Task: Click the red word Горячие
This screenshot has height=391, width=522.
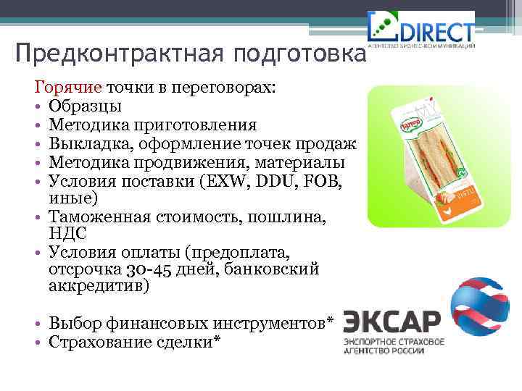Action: click(68, 88)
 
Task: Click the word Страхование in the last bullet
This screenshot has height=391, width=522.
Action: click(100, 340)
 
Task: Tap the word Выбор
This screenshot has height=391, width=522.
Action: click(72, 322)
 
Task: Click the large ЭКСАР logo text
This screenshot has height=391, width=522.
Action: click(391, 321)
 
